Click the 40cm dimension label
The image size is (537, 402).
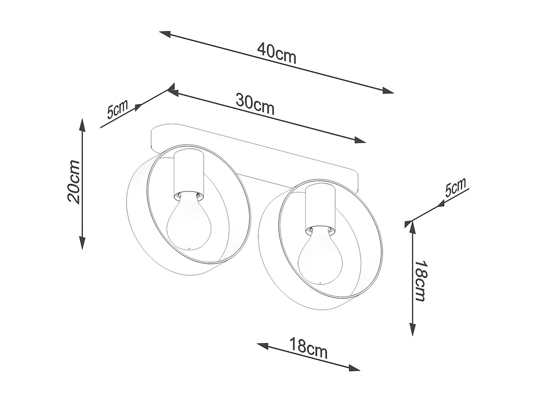pos(276,57)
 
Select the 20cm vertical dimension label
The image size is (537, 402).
pos(74,182)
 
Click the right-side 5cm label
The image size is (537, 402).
pos(456,187)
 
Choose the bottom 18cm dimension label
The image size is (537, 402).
pos(308,348)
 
